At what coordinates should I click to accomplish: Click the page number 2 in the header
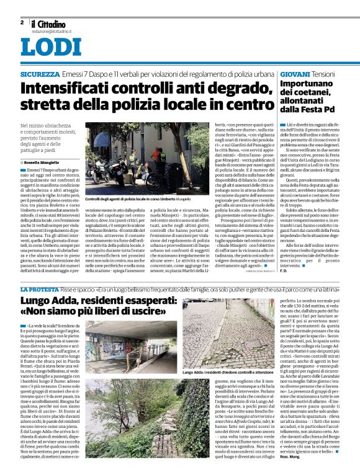pyautogui.click(x=22, y=22)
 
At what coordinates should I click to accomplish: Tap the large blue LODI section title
pyautogui.click(x=50, y=47)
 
